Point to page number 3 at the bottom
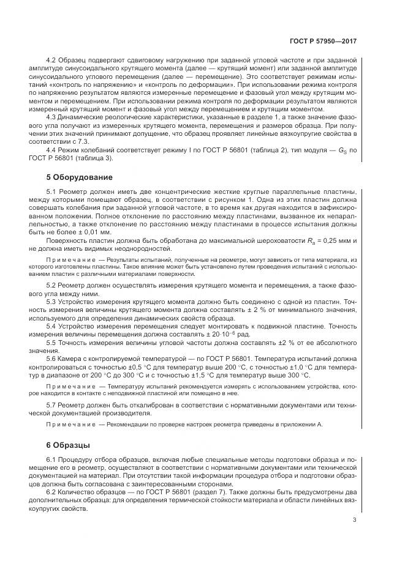pyautogui.click(x=354, y=520)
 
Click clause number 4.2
pyautogui.click(x=52, y=60)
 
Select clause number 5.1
pyautogui.click(x=52, y=193)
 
